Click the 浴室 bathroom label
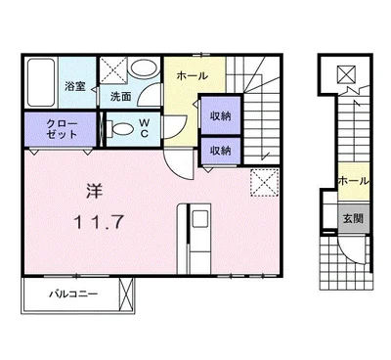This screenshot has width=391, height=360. pos(75,87)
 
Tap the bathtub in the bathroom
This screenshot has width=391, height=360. pos(41,82)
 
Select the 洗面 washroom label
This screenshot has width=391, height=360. pos(120,97)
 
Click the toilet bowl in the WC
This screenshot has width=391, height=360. pos(120,128)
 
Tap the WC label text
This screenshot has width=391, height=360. pos(145,128)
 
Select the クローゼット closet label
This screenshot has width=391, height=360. pos(62,129)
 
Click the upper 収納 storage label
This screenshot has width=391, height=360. pos(221,115)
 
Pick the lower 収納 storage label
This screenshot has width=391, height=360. pos(221,151)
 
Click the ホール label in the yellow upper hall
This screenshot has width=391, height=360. pos(192,76)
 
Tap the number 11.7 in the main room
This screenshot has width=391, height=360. pos(99,223)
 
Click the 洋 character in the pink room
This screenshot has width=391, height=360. pos(95,192)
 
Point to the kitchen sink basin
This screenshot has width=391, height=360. pos(199,219)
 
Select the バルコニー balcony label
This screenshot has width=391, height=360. pos(73,294)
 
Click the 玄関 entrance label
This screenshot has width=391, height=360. pos(353,218)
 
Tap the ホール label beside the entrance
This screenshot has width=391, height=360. pos(354,181)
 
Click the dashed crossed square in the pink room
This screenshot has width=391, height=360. pos(265,183)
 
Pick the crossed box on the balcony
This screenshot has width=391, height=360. pos(126,294)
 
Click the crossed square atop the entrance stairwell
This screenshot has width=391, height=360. pos(346,74)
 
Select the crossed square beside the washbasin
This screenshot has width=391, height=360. pos(113,70)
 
